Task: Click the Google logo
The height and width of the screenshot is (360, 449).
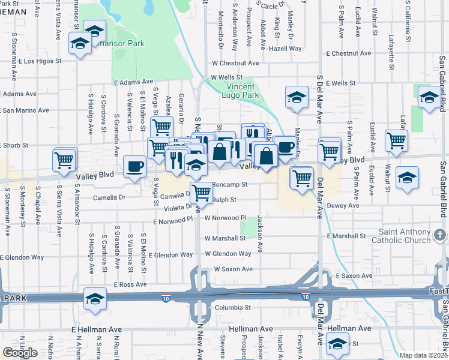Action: tap(20, 353)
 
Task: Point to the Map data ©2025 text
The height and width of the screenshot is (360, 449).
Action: tap(424, 355)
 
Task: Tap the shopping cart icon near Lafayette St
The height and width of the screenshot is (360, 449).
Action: tap(396, 140)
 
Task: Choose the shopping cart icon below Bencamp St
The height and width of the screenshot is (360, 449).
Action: tap(201, 192)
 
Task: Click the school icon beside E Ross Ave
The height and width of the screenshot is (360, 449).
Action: tap(95, 298)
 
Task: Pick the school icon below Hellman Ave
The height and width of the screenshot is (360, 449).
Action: tap(337, 344)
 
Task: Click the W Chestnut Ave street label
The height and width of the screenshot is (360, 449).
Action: tap(235, 63)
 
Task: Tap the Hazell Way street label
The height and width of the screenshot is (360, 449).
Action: tap(285, 49)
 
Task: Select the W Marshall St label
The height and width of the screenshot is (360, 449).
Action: tap(225, 238)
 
